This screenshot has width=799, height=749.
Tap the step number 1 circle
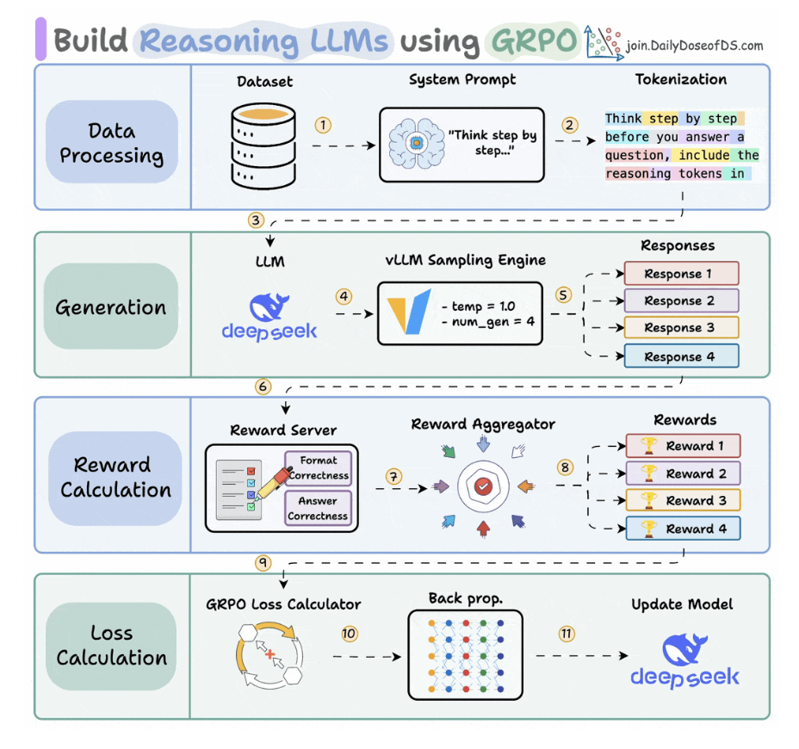pyautogui.click(x=323, y=126)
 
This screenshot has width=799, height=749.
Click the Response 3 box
pyautogui.click(x=681, y=328)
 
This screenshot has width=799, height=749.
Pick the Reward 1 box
pyautogui.click(x=683, y=446)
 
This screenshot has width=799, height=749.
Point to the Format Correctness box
pyautogui.click(x=318, y=467)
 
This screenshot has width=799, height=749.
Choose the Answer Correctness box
pyautogui.click(x=318, y=508)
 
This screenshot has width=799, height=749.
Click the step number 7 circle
pyautogui.click(x=393, y=474)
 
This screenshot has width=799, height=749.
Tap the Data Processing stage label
pyautogui.click(x=113, y=144)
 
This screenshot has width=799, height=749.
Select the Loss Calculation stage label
pyautogui.click(x=112, y=646)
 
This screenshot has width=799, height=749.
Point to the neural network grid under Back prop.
pyautogui.click(x=465, y=654)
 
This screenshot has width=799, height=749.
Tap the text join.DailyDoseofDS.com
pyautogui.click(x=695, y=46)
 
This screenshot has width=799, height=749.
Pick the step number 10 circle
pyautogui.click(x=349, y=634)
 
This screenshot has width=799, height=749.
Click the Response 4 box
pyautogui.click(x=681, y=356)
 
